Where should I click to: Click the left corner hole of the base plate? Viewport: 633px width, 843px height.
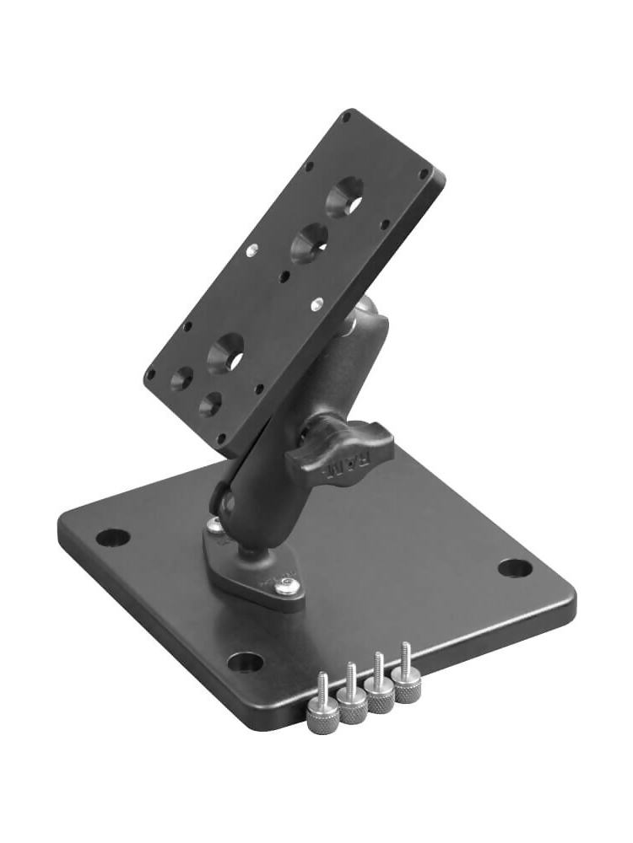[x=112, y=537]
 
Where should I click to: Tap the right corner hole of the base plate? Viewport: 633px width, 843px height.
[x=515, y=567]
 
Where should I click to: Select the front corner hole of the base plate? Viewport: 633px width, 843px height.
[x=245, y=662]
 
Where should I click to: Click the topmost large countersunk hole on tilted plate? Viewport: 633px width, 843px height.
[x=346, y=198]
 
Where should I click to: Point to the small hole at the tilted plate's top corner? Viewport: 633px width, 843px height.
[x=346, y=119]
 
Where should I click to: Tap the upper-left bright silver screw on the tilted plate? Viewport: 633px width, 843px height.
[x=252, y=249]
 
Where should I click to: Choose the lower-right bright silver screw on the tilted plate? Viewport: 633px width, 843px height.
[x=316, y=301]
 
